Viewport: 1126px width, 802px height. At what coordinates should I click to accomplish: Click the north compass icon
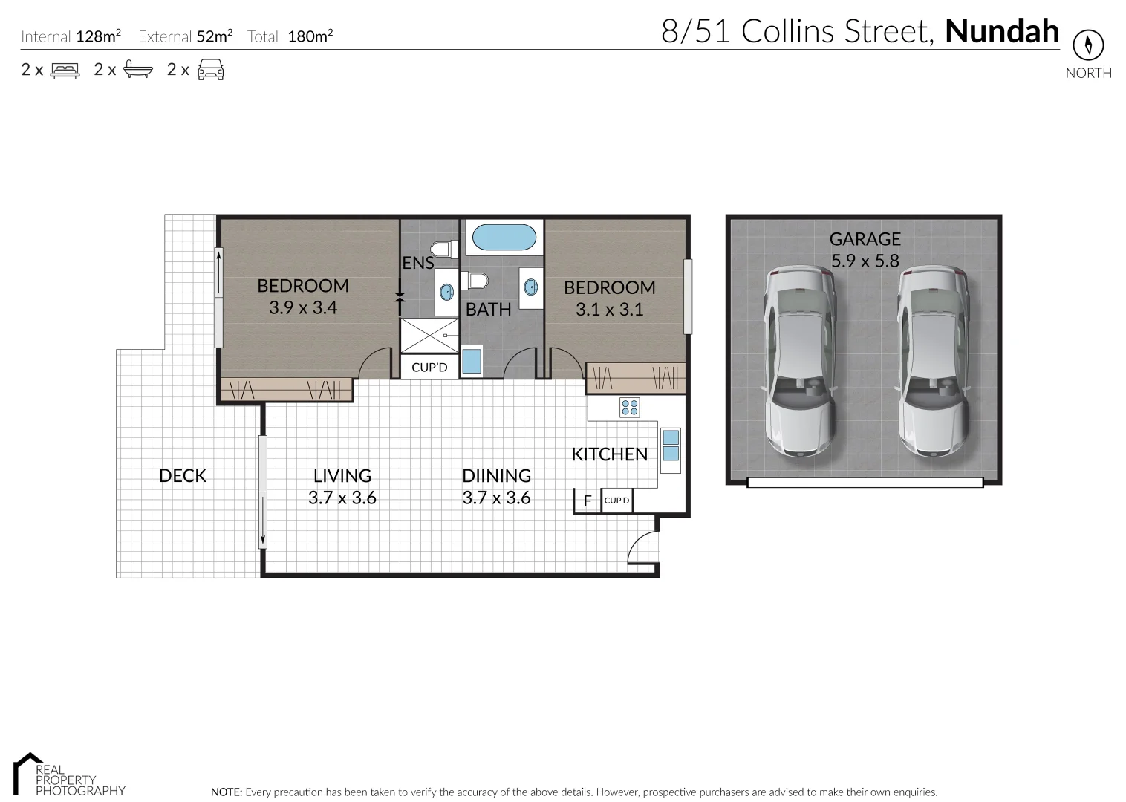[x=1088, y=45]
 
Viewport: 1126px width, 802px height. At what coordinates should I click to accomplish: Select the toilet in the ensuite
[x=445, y=249]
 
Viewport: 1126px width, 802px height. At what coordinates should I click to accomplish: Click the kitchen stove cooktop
[x=630, y=407]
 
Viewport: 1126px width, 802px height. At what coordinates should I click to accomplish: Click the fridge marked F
[x=588, y=501]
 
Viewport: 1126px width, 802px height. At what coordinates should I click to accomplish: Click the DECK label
[x=183, y=476]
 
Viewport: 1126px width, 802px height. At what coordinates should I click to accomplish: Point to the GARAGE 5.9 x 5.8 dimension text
[x=865, y=261]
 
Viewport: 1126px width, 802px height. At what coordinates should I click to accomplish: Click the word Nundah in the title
[x=1001, y=31]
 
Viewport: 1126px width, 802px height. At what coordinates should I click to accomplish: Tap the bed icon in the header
[x=65, y=71]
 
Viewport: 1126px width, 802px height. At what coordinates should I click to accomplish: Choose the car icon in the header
[x=210, y=70]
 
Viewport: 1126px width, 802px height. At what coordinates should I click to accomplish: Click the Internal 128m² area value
[x=98, y=36]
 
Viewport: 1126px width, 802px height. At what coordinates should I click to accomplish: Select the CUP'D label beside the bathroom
[x=429, y=368]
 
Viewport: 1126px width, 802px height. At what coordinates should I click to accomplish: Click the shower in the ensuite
[x=429, y=336]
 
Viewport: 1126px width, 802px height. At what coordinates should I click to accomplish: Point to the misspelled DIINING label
[x=496, y=476]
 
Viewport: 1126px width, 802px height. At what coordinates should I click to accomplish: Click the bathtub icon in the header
[x=138, y=70]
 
